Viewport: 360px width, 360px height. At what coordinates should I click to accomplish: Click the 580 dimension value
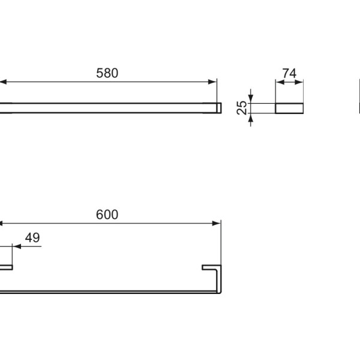pyautogui.click(x=108, y=73)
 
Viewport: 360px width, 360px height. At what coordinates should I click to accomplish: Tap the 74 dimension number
pyautogui.click(x=289, y=73)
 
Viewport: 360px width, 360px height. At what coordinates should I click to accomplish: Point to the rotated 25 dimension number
pyautogui.click(x=242, y=107)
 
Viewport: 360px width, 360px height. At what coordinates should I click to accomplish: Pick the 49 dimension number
pyautogui.click(x=32, y=238)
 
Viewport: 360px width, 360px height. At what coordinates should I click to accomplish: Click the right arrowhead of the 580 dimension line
pyautogui.click(x=213, y=81)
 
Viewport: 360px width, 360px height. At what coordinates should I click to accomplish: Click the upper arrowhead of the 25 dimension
pyautogui.click(x=252, y=99)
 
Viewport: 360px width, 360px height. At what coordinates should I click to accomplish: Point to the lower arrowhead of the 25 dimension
pyautogui.click(x=252, y=116)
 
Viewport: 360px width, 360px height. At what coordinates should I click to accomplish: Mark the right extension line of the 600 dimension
pyautogui.click(x=221, y=240)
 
